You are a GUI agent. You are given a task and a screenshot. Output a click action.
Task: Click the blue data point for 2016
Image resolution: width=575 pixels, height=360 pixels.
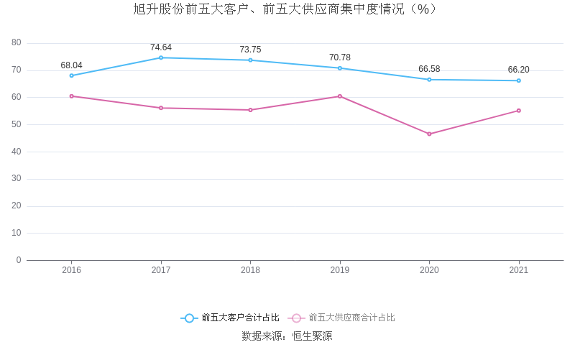tap(71, 75)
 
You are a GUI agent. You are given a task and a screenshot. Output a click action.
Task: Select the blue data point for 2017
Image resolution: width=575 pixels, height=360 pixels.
tap(161, 57)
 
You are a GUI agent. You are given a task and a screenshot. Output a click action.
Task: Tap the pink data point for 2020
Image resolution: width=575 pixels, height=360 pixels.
tap(429, 134)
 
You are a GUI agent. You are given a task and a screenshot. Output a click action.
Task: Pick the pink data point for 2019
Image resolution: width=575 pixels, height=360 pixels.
tap(340, 96)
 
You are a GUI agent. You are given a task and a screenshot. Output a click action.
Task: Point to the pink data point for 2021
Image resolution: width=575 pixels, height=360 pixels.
tap(518, 111)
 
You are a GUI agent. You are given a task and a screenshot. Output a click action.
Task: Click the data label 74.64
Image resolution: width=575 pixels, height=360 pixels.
tap(161, 47)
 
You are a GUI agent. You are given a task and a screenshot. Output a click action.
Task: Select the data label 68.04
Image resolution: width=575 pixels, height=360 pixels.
tap(71, 65)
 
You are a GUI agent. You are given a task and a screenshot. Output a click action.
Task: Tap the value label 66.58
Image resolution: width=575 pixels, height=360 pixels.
tap(429, 69)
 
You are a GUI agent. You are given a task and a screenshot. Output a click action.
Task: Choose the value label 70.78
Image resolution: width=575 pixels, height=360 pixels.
tap(340, 57)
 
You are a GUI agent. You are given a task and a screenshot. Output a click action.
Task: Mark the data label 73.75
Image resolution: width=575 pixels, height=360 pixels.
tap(250, 50)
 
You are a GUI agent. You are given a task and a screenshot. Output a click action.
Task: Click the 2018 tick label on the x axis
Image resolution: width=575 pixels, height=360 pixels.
tap(250, 270)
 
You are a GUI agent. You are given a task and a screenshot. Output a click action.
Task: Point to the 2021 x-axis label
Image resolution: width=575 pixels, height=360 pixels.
tap(518, 270)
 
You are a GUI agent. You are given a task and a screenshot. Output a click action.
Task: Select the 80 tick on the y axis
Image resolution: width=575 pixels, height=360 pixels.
tap(17, 43)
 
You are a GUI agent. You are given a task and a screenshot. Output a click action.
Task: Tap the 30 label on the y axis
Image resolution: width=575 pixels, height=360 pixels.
tap(17, 179)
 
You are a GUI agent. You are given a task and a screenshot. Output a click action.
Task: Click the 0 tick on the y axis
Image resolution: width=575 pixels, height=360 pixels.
tap(19, 260)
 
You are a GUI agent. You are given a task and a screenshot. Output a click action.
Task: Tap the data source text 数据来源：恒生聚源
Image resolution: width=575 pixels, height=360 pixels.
tap(287, 336)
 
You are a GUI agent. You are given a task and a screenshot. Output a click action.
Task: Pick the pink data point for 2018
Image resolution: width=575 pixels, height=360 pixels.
tap(250, 110)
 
